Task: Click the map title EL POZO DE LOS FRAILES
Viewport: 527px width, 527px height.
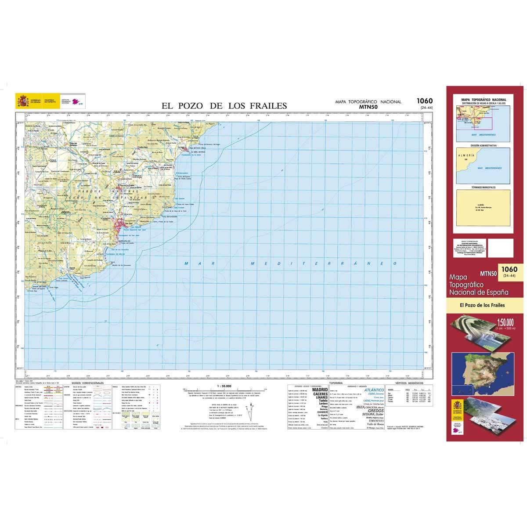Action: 224,105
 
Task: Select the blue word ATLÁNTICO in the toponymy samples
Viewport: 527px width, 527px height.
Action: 376,390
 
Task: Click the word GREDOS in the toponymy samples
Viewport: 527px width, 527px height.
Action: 375,411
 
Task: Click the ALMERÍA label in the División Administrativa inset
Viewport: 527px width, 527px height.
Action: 466,155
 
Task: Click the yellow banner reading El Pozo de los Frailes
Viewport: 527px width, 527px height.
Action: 483,305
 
